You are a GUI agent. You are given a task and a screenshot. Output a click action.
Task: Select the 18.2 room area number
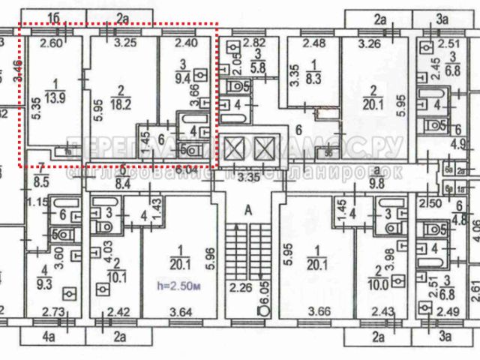121,97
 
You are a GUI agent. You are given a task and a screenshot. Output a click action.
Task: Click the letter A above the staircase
245,211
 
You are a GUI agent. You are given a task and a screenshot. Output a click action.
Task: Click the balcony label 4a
49,337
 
